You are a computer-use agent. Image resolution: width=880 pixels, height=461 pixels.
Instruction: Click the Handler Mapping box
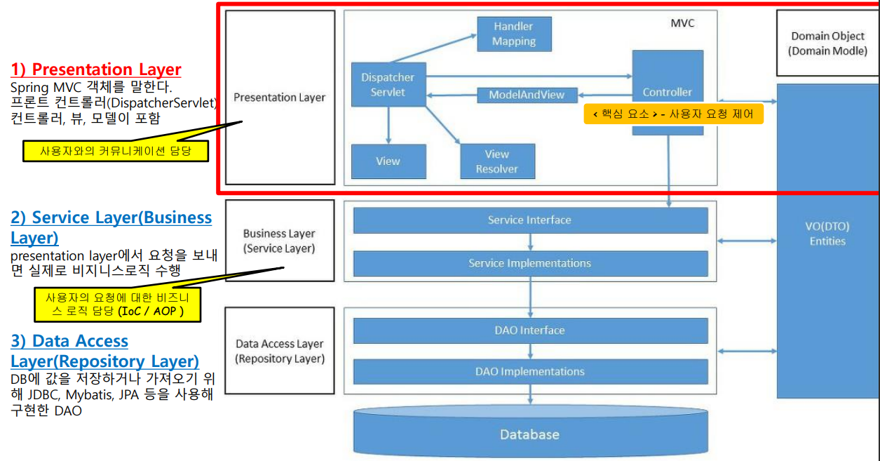click(514, 34)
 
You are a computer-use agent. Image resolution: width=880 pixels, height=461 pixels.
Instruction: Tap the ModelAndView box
click(526, 95)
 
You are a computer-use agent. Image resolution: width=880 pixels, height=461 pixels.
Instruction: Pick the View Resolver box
click(497, 161)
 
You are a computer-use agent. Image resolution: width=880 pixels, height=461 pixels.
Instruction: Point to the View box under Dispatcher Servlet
click(388, 161)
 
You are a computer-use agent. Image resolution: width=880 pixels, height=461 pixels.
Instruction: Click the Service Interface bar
click(530, 220)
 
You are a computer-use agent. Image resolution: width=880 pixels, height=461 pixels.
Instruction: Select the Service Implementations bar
click(530, 263)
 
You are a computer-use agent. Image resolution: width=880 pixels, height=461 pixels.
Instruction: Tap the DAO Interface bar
click(530, 330)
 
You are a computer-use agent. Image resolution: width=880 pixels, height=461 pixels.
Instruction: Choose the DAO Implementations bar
click(530, 371)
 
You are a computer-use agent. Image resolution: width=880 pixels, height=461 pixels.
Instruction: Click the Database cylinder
click(530, 434)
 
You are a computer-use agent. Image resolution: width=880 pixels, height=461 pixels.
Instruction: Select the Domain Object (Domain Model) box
click(827, 44)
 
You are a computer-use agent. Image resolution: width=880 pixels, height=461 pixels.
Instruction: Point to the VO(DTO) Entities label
click(827, 234)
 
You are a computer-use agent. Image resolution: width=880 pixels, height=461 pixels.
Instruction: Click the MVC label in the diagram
click(682, 23)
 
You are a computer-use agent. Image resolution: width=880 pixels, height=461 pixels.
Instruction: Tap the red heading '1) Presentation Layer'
click(96, 69)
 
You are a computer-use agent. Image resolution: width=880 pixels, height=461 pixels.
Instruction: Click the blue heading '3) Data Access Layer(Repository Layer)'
click(104, 351)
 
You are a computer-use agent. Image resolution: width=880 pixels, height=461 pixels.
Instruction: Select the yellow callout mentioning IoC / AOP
click(118, 305)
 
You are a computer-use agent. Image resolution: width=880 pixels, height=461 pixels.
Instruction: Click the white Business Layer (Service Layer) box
click(279, 241)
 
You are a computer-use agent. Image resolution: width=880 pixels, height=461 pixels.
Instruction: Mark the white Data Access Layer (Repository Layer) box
click(279, 351)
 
